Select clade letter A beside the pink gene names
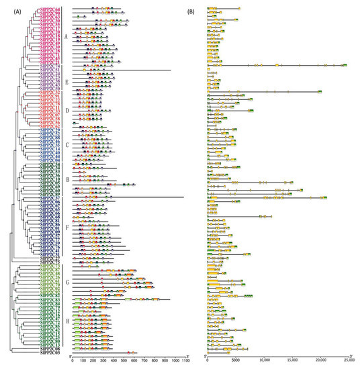click(x=65, y=36)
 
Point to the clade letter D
click(x=65, y=109)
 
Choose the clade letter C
click(x=65, y=146)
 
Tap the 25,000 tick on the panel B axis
click(x=348, y=361)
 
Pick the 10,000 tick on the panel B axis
click(x=263, y=361)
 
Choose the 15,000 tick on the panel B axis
click(x=291, y=361)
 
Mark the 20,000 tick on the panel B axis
click(x=320, y=361)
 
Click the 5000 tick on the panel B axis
click(x=235, y=361)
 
